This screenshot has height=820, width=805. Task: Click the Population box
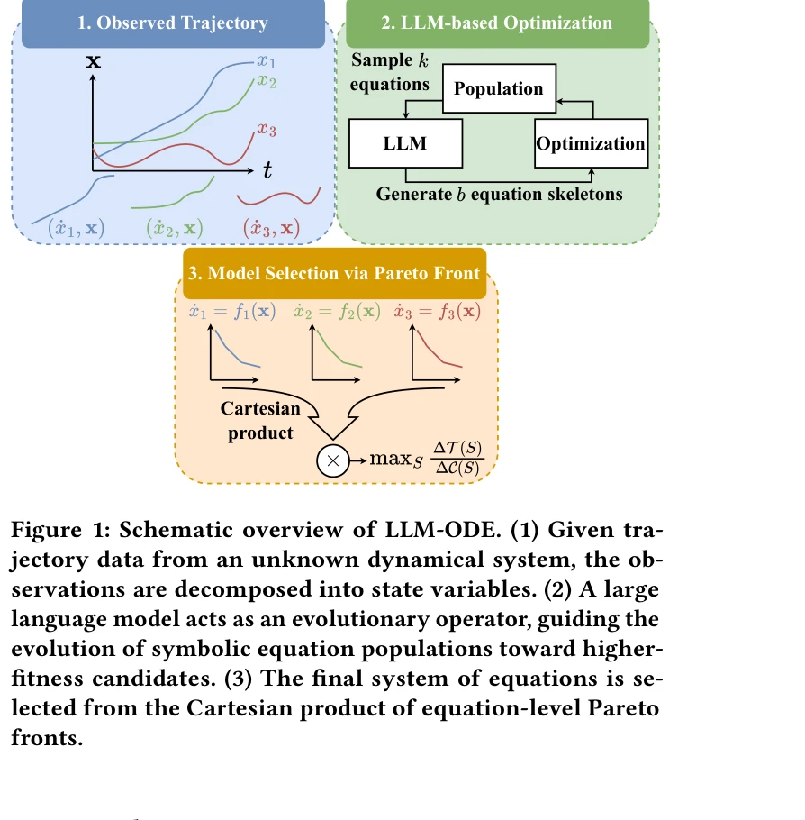(x=499, y=89)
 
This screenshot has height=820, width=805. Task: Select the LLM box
(x=405, y=143)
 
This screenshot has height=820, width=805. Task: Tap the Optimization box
(x=591, y=143)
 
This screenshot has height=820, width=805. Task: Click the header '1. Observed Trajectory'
(x=173, y=23)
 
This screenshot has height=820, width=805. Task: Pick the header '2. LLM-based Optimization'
(x=496, y=23)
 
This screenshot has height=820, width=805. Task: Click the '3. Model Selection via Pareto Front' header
(x=334, y=274)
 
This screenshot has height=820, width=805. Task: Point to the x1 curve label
(x=267, y=61)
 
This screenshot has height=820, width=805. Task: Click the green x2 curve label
(x=267, y=81)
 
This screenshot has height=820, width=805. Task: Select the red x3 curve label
(x=267, y=130)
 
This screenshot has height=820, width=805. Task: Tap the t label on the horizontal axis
(x=267, y=169)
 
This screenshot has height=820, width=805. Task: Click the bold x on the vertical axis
(x=92, y=61)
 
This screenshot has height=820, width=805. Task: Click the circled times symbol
(x=332, y=460)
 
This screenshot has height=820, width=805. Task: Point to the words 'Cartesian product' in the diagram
(x=260, y=421)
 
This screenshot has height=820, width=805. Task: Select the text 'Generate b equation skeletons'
(x=499, y=194)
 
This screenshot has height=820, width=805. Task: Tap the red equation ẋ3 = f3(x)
(x=437, y=312)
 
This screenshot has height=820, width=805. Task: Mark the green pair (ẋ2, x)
(x=175, y=228)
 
